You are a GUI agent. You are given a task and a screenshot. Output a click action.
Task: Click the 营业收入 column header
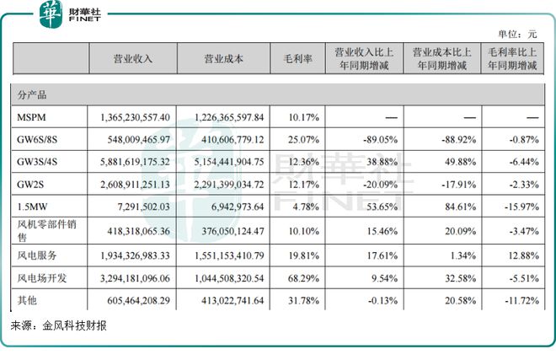click(132, 59)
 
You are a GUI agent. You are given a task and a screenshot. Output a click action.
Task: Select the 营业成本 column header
click(223, 59)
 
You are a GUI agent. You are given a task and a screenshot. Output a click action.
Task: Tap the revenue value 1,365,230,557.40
click(135, 116)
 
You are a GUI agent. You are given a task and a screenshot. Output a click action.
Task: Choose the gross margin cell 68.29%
click(297, 277)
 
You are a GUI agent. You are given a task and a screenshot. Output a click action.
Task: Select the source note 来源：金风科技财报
click(58, 325)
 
